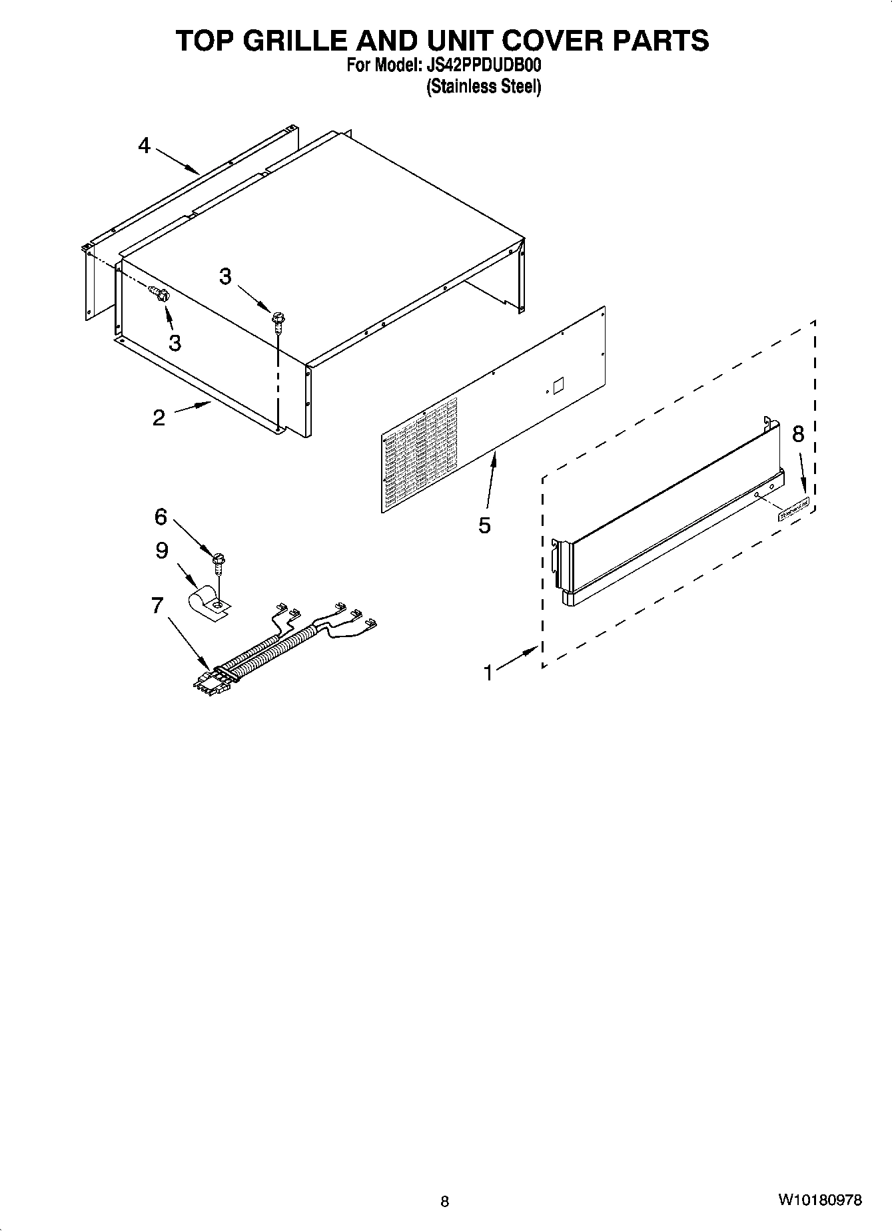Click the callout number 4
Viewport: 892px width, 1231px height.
coord(145,146)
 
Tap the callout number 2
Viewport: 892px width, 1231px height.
coord(159,417)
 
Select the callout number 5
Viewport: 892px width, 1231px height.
coord(484,525)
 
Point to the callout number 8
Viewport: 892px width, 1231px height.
coord(798,434)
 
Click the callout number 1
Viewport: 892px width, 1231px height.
coord(488,673)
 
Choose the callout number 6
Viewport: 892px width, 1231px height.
coord(161,516)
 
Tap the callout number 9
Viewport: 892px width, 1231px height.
coord(162,551)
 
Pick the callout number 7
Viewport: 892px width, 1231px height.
coord(157,606)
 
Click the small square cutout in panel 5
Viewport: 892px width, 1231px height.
coord(558,385)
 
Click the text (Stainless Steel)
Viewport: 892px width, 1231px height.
coord(484,87)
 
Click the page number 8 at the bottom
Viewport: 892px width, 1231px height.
coord(445,1202)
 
